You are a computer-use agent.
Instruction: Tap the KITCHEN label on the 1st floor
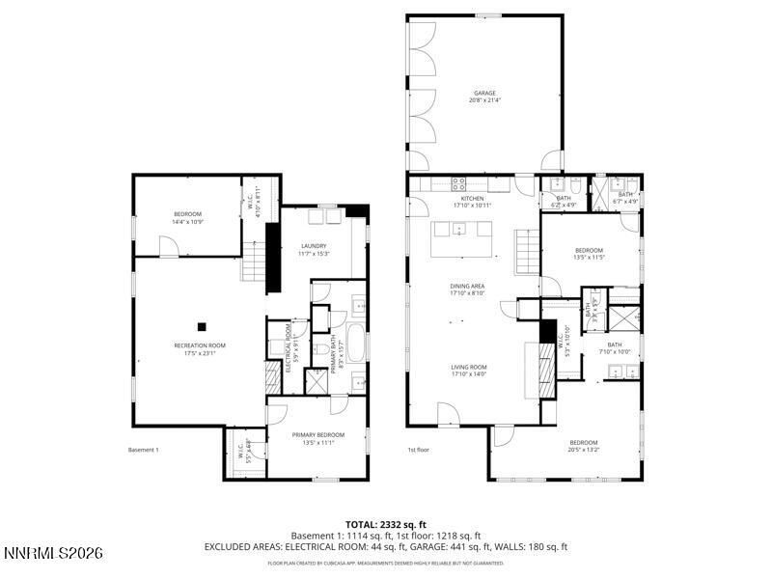pos(472,198)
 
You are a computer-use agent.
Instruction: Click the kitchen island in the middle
pos(459,229)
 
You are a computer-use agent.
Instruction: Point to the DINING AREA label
pos(466,286)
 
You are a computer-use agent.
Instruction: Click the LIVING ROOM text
pos(468,367)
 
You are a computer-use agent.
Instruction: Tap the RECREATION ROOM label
pos(200,345)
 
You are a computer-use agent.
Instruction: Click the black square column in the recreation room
pos(202,326)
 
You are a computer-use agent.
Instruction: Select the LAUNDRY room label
pos(314,246)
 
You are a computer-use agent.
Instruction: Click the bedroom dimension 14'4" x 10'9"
pos(187,223)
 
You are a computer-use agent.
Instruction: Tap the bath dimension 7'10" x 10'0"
pos(614,353)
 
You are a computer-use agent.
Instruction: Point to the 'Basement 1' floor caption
pos(143,450)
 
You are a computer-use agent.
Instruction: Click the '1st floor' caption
pos(417,450)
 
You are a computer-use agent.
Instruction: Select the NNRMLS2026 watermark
pos(53,554)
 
